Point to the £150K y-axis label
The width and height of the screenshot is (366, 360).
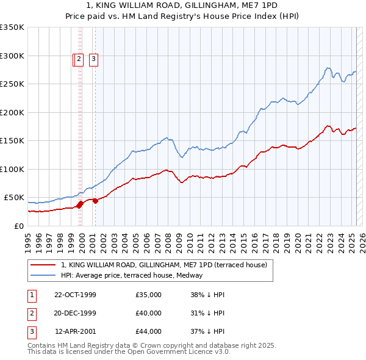[13, 141]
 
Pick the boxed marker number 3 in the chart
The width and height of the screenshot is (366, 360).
[94, 59]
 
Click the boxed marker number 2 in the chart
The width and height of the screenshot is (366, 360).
[80, 59]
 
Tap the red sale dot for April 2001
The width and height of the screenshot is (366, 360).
[95, 201]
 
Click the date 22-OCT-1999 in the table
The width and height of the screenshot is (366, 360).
[75, 295]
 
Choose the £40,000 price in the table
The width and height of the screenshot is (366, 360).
[148, 313]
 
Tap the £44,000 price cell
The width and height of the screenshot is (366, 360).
[148, 331]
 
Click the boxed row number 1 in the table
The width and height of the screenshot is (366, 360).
[31, 295]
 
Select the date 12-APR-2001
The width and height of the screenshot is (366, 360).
[75, 331]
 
